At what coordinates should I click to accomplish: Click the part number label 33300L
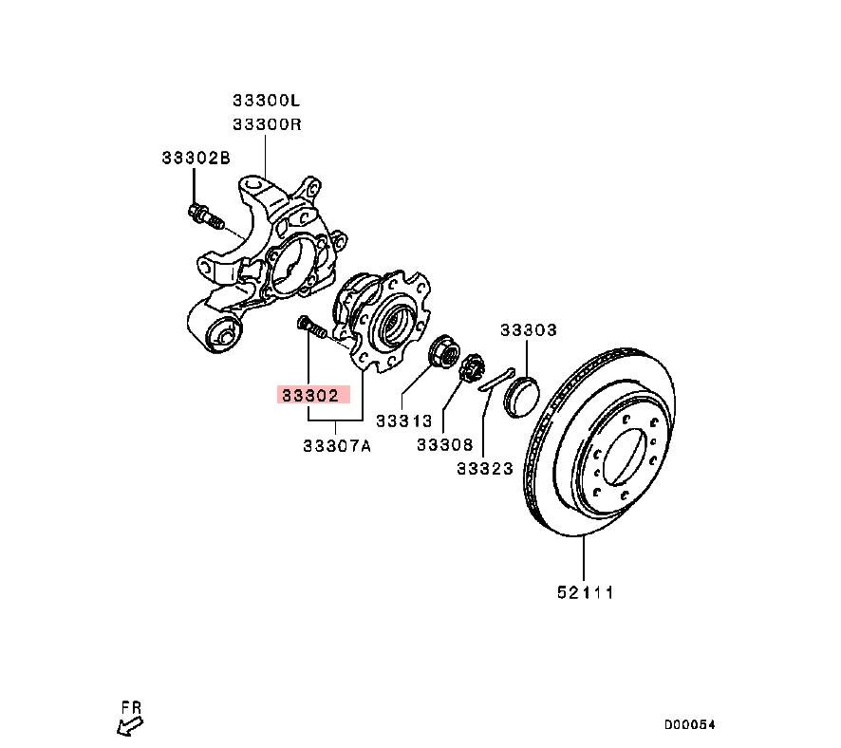click(x=267, y=100)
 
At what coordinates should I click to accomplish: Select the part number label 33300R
click(x=267, y=124)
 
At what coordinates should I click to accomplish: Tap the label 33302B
click(x=195, y=159)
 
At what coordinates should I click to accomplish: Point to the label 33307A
click(x=337, y=444)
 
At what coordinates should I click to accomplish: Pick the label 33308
click(x=444, y=443)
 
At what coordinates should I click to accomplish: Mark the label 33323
click(x=484, y=467)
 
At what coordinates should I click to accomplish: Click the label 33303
click(x=529, y=330)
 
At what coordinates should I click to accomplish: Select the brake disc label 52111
click(x=585, y=592)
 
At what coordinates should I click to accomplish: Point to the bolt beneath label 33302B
click(x=205, y=216)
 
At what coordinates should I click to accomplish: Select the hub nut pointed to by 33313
click(x=442, y=353)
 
